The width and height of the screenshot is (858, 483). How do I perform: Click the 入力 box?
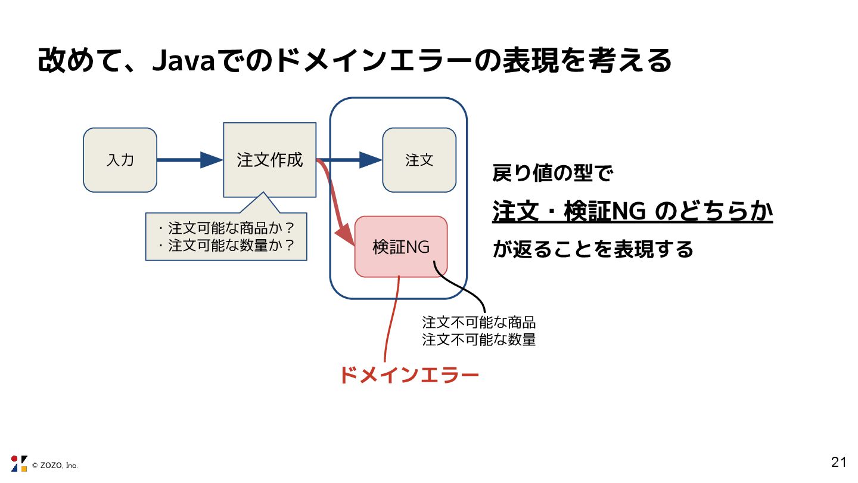click(x=120, y=160)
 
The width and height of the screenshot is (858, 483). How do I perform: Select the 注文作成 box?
click(x=269, y=160)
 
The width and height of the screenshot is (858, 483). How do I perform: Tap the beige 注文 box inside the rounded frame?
click(x=419, y=160)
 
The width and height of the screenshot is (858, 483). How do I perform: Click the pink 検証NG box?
click(x=401, y=247)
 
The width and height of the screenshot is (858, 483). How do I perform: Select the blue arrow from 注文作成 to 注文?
click(x=352, y=160)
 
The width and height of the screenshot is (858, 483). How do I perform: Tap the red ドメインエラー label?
click(x=409, y=376)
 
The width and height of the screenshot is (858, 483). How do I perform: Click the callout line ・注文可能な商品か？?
click(x=227, y=228)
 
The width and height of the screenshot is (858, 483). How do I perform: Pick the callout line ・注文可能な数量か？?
click(x=227, y=245)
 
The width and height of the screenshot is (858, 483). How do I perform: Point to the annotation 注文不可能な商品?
click(x=478, y=323)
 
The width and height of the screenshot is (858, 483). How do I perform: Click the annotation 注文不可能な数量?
click(x=478, y=340)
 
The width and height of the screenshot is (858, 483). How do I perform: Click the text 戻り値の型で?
click(x=553, y=174)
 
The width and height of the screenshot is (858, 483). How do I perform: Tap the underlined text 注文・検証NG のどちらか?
click(x=632, y=211)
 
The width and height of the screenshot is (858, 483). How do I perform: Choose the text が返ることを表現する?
click(x=593, y=249)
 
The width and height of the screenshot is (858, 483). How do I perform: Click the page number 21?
click(x=838, y=462)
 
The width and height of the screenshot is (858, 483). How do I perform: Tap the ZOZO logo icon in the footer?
click(x=19, y=464)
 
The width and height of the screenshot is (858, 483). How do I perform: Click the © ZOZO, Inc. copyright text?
click(x=55, y=465)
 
